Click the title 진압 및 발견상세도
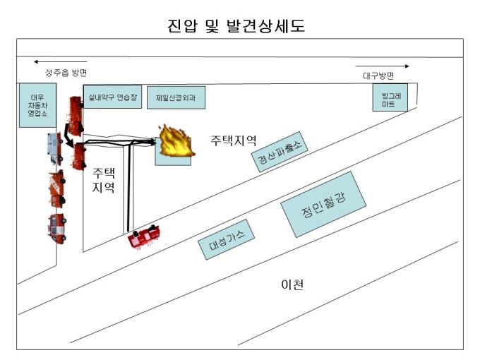(x=236, y=25)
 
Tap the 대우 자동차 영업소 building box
(x=37, y=105)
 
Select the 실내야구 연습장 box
(x=112, y=97)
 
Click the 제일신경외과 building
(x=176, y=97)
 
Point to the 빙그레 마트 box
(x=390, y=97)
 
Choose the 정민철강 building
(x=323, y=205)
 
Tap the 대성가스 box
(x=226, y=239)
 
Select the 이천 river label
(x=292, y=284)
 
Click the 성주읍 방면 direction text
(x=66, y=73)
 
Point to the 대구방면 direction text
(x=378, y=76)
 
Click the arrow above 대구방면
(x=382, y=66)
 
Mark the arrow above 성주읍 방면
(x=60, y=62)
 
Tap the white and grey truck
(x=55, y=148)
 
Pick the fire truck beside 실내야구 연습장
(x=76, y=116)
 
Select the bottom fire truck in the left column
(x=57, y=229)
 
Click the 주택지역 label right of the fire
(x=233, y=140)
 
